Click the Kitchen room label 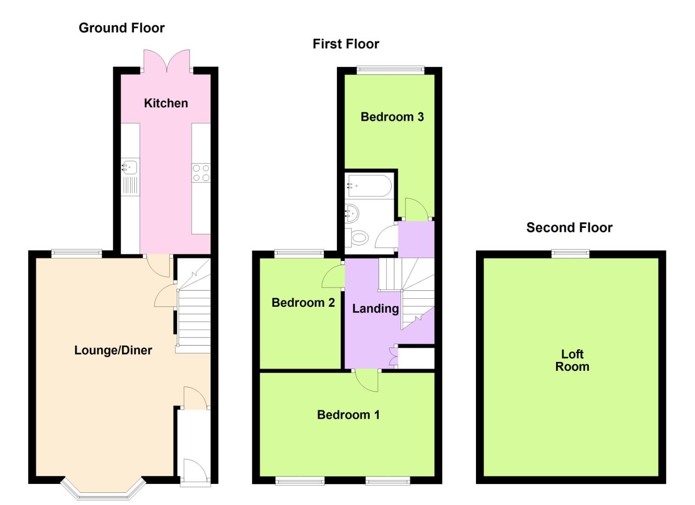pyautogui.click(x=166, y=103)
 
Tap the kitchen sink pyautogui.click(x=130, y=167)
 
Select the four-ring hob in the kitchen pyautogui.click(x=201, y=173)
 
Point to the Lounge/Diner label pyautogui.click(x=113, y=350)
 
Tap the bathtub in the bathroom pyautogui.click(x=369, y=186)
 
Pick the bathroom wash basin pyautogui.click(x=352, y=214)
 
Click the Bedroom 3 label pyautogui.click(x=392, y=117)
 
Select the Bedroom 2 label pyautogui.click(x=303, y=303)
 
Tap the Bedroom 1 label pyautogui.click(x=348, y=415)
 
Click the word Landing pyautogui.click(x=375, y=309)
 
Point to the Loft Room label pyautogui.click(x=572, y=361)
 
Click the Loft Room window pyautogui.click(x=570, y=254)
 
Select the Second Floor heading pyautogui.click(x=569, y=228)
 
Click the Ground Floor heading pyautogui.click(x=122, y=28)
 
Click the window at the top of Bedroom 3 pyautogui.click(x=390, y=71)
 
